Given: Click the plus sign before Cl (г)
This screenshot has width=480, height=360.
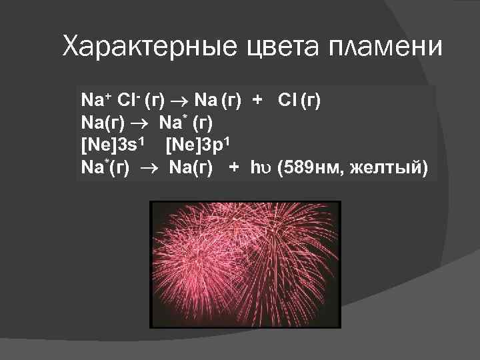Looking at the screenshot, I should pyautogui.click(x=257, y=101).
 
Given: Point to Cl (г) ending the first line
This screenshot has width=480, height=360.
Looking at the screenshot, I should pyautogui.click(x=299, y=101).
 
